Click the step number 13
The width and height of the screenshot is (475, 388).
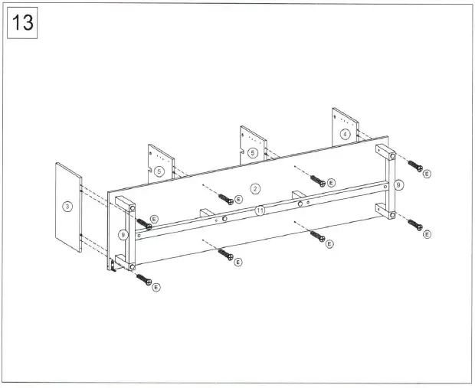pyautogui.click(x=22, y=22)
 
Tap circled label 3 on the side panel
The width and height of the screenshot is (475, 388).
pyautogui.click(x=67, y=207)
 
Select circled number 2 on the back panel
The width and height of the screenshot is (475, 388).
pyautogui.click(x=256, y=187)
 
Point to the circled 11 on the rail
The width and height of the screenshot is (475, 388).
pyautogui.click(x=260, y=210)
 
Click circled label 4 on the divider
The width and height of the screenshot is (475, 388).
pyautogui.click(x=345, y=134)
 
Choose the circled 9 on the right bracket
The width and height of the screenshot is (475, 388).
pyautogui.click(x=398, y=184)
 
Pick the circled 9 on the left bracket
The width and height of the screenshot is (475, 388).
pyautogui.click(x=122, y=235)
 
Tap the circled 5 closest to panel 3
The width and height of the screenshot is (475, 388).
pyautogui.click(x=159, y=171)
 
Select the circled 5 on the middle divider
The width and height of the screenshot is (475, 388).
pyautogui.click(x=252, y=153)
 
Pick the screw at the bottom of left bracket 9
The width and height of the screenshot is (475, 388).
pyautogui.click(x=143, y=278)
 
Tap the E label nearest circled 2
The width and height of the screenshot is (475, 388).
pyautogui.click(x=238, y=199)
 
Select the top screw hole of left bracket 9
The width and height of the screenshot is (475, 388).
pyautogui.click(x=131, y=207)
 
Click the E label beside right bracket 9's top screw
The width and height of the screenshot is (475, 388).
pyautogui.click(x=427, y=174)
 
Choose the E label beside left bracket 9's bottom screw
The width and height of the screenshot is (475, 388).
pyautogui.click(x=156, y=288)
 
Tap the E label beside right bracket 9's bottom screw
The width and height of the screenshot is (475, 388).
pyautogui.click(x=427, y=233)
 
